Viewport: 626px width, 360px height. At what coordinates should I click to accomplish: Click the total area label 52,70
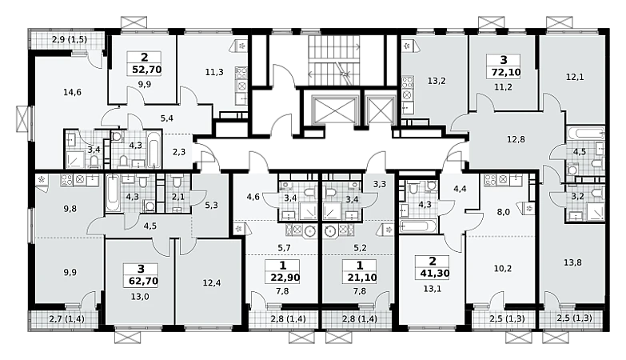tap(146, 70)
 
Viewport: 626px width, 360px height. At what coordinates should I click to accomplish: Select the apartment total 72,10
tap(504, 72)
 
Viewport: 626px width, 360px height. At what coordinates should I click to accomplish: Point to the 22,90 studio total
tap(285, 278)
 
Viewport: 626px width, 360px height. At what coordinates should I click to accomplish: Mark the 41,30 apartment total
tap(434, 274)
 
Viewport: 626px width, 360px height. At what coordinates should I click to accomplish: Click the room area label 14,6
tap(72, 92)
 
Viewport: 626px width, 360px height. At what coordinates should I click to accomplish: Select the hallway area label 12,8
tap(516, 139)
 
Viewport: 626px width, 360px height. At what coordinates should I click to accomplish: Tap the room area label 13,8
tap(572, 262)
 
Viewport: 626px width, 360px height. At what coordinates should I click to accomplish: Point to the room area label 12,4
tap(212, 283)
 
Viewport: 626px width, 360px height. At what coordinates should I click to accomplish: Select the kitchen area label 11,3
tap(214, 72)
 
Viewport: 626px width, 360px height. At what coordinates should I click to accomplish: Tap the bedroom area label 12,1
tap(575, 77)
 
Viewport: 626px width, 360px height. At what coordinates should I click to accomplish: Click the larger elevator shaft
tap(333, 110)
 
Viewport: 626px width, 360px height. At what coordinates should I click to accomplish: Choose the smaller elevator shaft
tap(381, 110)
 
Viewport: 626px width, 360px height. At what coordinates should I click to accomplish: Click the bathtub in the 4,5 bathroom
tap(585, 134)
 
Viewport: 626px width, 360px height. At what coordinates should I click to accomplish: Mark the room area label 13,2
tap(437, 81)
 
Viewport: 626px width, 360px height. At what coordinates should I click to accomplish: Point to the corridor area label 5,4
tap(167, 118)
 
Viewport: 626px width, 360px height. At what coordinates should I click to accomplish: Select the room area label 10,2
tap(503, 269)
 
